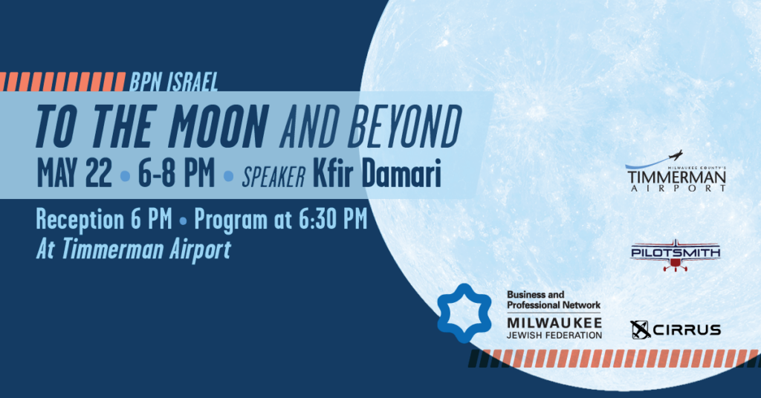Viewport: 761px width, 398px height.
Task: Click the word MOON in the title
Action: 218,126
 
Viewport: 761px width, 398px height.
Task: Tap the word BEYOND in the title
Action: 404,126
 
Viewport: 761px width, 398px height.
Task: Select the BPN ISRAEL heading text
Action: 173,82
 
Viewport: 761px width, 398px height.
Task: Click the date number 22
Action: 99,173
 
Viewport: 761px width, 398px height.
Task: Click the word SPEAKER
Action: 273,177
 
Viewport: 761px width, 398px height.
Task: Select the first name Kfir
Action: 334,173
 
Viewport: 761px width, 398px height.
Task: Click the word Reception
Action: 80,220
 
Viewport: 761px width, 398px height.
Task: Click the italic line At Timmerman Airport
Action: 134,250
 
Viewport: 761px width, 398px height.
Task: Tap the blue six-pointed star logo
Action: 464,313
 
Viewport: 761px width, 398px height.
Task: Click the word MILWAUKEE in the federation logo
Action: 554,323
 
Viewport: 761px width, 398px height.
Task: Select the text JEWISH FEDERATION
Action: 554,335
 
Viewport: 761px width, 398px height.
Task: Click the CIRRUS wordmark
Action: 687,330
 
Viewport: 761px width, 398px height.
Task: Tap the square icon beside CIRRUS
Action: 640,330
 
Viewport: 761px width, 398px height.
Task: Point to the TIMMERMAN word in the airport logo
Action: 676,177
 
